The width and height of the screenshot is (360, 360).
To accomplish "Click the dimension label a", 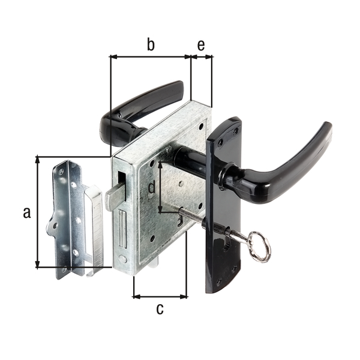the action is click(27, 212).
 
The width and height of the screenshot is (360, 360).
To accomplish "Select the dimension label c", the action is click(160, 309).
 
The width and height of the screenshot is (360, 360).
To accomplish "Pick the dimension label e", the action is click(201, 45).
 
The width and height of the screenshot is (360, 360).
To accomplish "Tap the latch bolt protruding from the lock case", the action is click(115, 199).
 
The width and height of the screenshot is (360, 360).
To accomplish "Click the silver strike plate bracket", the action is click(76, 219).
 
